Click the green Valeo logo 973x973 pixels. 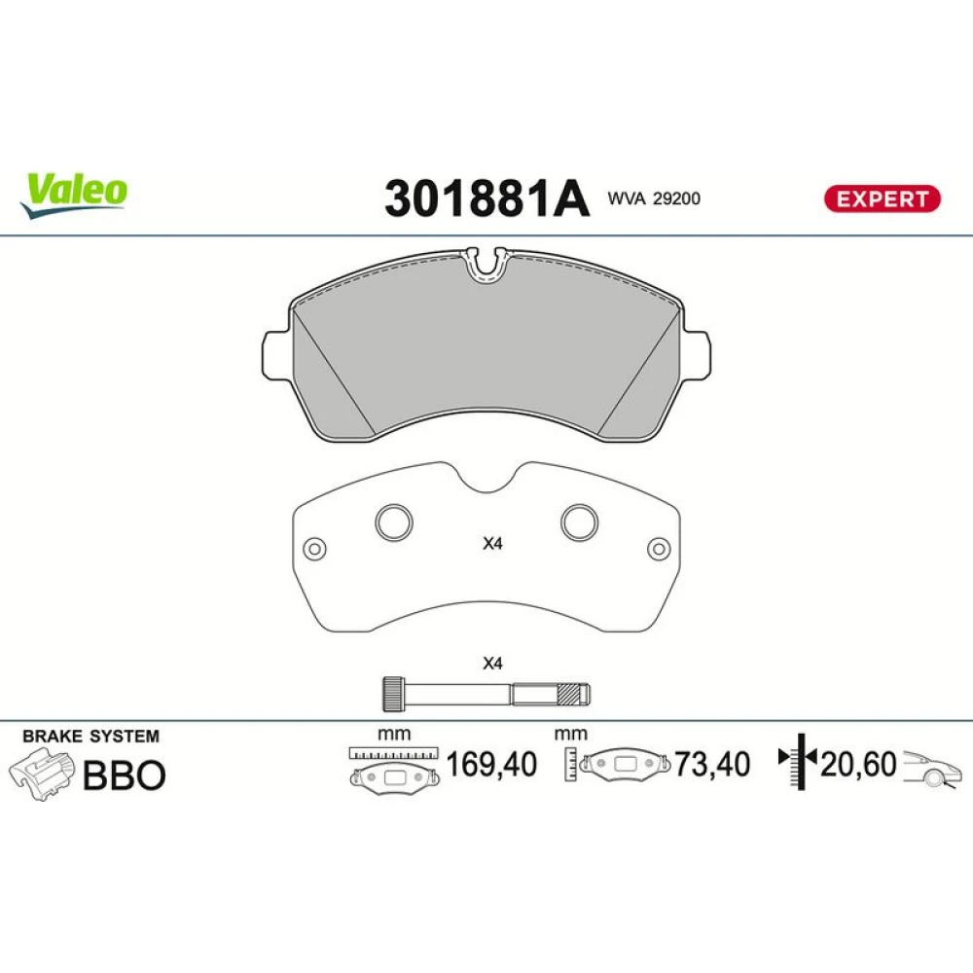click(74, 195)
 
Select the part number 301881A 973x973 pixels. click(486, 198)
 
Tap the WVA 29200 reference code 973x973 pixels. click(654, 198)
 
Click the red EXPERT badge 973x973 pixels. click(882, 199)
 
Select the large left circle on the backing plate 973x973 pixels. click(394, 523)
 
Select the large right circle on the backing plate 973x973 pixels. click(580, 523)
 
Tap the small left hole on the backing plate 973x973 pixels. click(314, 549)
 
